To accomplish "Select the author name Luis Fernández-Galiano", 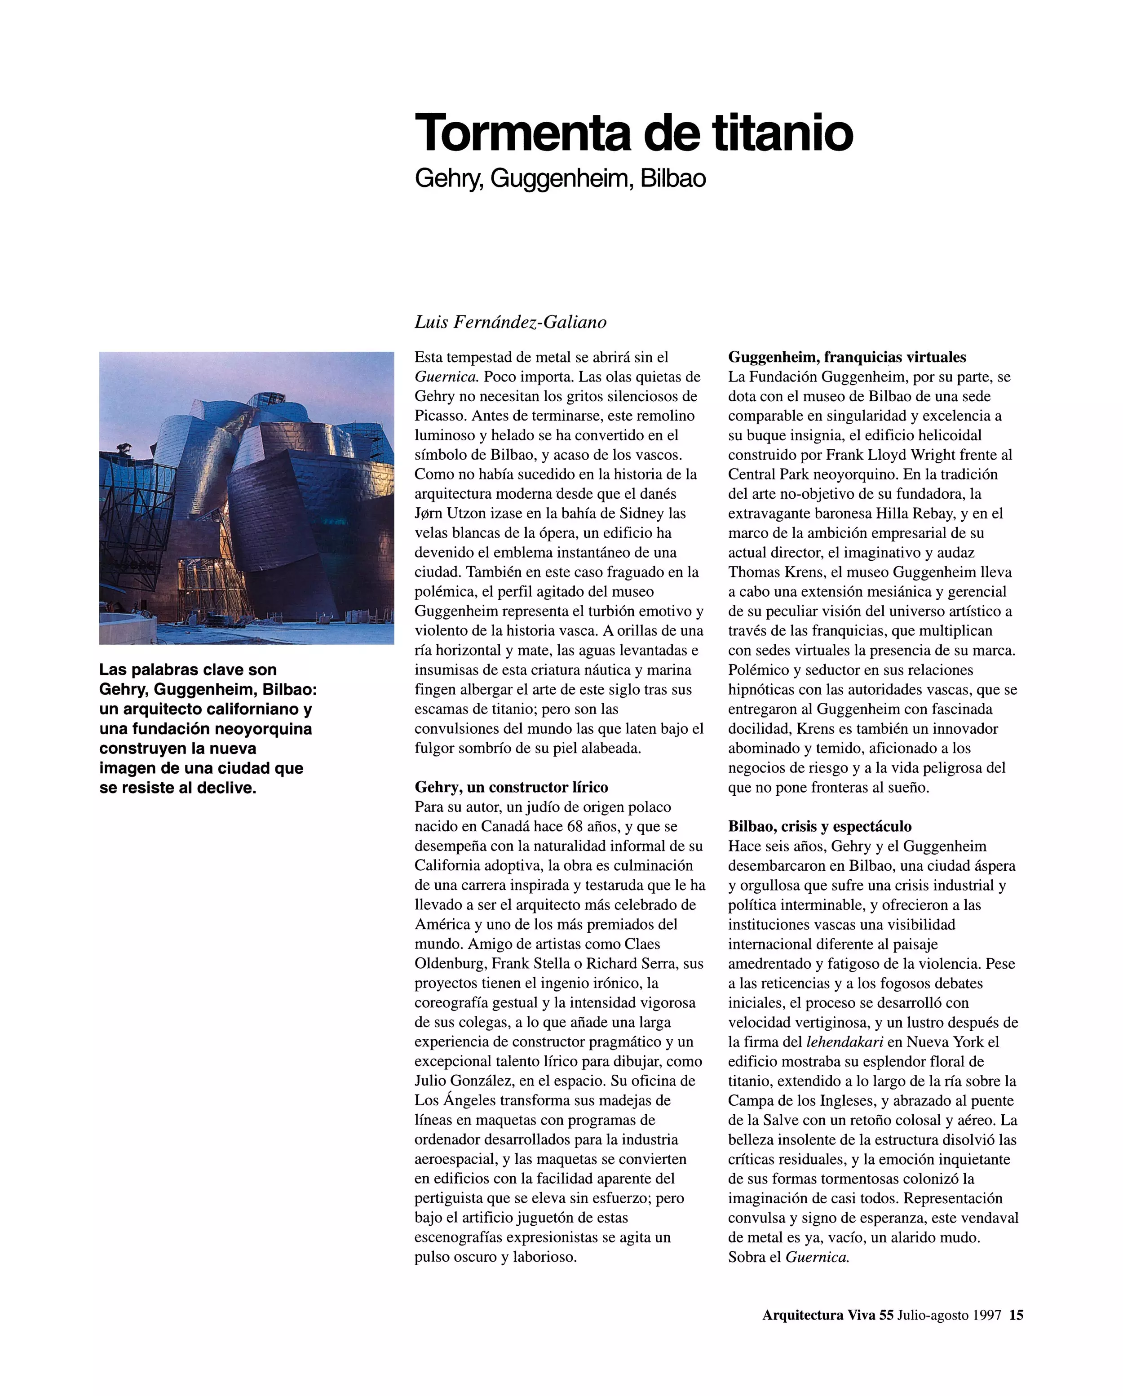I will click(x=510, y=322).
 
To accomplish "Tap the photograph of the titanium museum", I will click(x=246, y=497).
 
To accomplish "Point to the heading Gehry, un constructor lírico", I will click(x=511, y=787).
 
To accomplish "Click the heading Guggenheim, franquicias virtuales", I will click(x=847, y=357).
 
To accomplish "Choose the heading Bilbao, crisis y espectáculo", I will click(x=819, y=826).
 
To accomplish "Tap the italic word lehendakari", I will click(x=844, y=1042).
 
